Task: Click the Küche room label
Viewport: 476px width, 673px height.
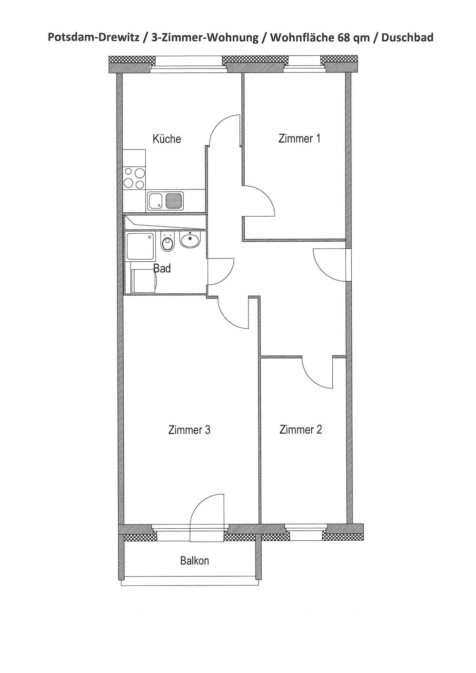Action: click(167, 139)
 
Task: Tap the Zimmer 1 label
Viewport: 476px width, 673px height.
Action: click(299, 139)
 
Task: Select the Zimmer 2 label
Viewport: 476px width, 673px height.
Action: click(300, 429)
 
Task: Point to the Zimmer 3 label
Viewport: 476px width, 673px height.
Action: click(189, 430)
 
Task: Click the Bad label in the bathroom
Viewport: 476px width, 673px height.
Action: click(162, 268)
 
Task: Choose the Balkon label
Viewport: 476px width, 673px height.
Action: click(194, 561)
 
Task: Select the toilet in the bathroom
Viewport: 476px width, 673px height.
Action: click(167, 242)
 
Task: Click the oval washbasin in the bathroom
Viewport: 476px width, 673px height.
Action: click(189, 240)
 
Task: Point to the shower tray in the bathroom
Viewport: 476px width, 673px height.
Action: click(141, 247)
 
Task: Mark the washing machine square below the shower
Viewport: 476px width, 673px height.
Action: click(144, 281)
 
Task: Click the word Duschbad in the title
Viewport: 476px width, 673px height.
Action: click(407, 38)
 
